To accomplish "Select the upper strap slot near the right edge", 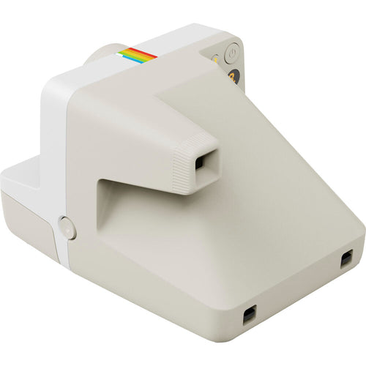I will (x=346, y=258).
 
